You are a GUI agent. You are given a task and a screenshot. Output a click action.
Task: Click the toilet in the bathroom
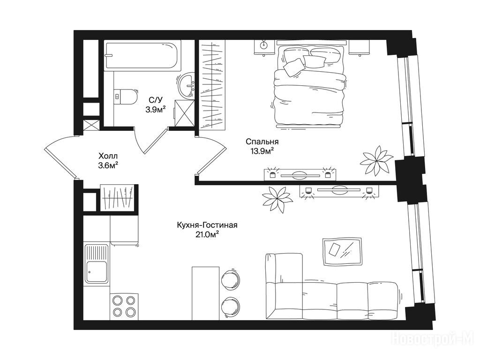[125, 96]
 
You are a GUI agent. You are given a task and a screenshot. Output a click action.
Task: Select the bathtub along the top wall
[143, 56]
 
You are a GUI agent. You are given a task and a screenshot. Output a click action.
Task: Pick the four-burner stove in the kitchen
[124, 306]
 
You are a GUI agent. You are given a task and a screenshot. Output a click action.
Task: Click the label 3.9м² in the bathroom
[156, 109]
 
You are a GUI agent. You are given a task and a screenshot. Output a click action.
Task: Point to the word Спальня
[262, 142]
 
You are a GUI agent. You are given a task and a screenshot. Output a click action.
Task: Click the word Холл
[108, 156]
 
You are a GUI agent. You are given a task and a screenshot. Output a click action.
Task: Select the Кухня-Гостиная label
[207, 225]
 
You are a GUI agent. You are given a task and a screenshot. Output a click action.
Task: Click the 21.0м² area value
[207, 234]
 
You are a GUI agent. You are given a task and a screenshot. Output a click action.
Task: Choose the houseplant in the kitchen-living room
[277, 199]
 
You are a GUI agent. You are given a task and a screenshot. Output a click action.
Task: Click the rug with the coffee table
[342, 252]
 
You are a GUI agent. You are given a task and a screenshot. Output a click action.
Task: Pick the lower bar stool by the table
[230, 307]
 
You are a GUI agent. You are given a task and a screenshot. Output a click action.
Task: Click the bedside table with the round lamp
[264, 47]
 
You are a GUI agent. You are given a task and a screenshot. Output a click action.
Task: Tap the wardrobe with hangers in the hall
[118, 198]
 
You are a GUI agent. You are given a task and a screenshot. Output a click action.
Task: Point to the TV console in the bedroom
[300, 175]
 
